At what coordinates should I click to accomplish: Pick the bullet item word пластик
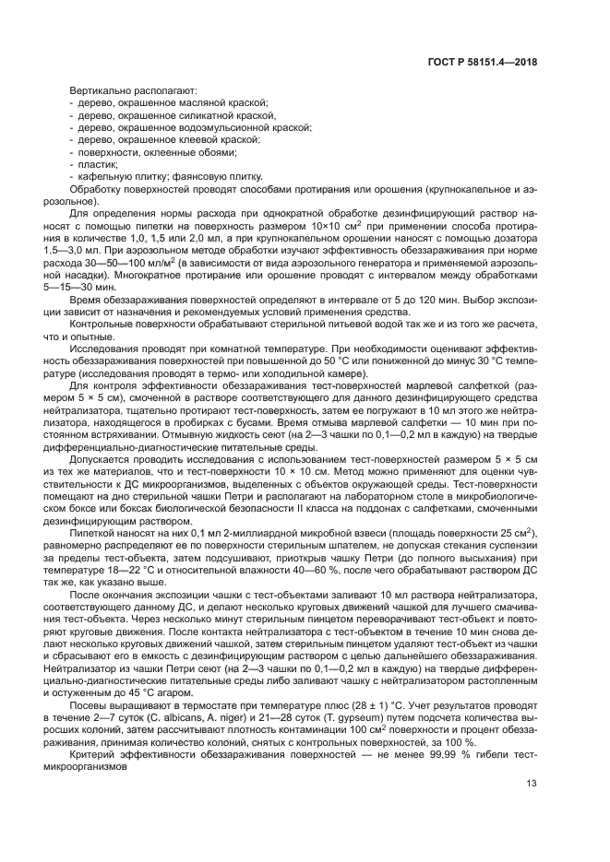93,163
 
